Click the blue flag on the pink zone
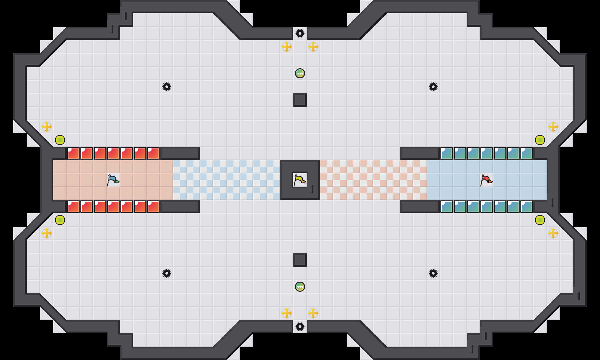[113, 180]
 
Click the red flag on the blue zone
[486, 180]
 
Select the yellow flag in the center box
[300, 180]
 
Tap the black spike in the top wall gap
[300, 33]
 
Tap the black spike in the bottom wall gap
[300, 327]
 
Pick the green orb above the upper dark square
[300, 73]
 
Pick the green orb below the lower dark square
[300, 287]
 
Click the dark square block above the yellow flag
[300, 100]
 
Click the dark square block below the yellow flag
[300, 260]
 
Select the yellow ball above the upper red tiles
[60, 140]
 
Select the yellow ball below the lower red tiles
[60, 220]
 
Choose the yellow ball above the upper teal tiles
[540, 140]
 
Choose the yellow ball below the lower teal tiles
[540, 220]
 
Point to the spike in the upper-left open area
[167, 87]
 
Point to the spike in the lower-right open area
[433, 273]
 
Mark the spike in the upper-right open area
[433, 87]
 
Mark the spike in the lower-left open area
[167, 273]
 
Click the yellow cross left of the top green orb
[287, 47]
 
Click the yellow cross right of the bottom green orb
[313, 313]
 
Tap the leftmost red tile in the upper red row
[73, 153]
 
